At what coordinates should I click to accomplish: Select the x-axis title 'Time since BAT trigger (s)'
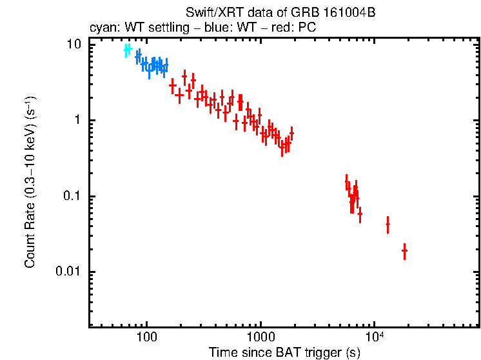pos(284,352)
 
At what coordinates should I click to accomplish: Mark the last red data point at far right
pos(404,250)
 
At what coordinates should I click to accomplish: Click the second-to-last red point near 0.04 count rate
pos(388,225)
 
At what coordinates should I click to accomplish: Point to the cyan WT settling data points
pos(128,50)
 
